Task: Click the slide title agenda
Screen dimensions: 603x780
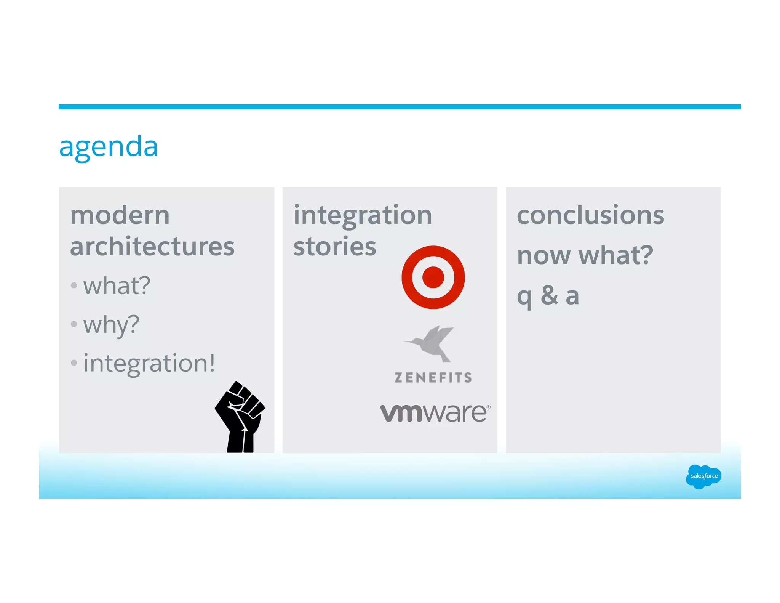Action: tap(109, 147)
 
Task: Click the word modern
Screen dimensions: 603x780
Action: tap(120, 216)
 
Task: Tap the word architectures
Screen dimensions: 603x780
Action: tap(152, 247)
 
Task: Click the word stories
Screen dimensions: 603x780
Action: tap(335, 247)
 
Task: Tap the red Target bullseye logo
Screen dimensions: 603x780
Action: tap(433, 277)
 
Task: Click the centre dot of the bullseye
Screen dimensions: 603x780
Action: tap(433, 277)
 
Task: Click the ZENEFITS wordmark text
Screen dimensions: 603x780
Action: tap(433, 378)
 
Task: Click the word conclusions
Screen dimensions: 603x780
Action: tap(590, 215)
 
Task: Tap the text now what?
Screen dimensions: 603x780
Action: tap(585, 255)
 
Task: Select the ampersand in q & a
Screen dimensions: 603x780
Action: tap(550, 295)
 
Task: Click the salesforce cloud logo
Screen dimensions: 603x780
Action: tap(703, 476)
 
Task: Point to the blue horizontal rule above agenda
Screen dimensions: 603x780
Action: tap(399, 107)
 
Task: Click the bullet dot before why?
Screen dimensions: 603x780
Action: tap(74, 324)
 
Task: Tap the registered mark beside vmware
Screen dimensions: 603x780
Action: tap(489, 407)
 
